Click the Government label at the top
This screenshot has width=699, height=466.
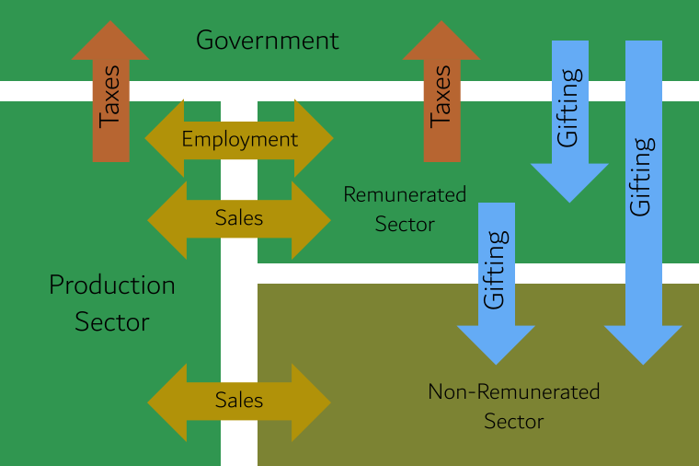point(267,41)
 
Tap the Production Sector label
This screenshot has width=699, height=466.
point(111,303)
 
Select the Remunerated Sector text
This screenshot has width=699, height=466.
point(405,209)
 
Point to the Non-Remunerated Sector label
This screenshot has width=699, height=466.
point(513,406)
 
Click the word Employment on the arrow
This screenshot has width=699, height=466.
point(239,139)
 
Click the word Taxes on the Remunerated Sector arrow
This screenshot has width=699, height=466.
point(441,96)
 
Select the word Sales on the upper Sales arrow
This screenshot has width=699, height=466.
point(239,218)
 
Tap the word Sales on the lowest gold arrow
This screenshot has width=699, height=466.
point(239,401)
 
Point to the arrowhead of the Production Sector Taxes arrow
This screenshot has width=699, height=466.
point(110,42)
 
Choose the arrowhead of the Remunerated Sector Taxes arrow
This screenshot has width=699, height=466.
point(441,42)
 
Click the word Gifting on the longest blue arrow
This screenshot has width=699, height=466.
point(642,175)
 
